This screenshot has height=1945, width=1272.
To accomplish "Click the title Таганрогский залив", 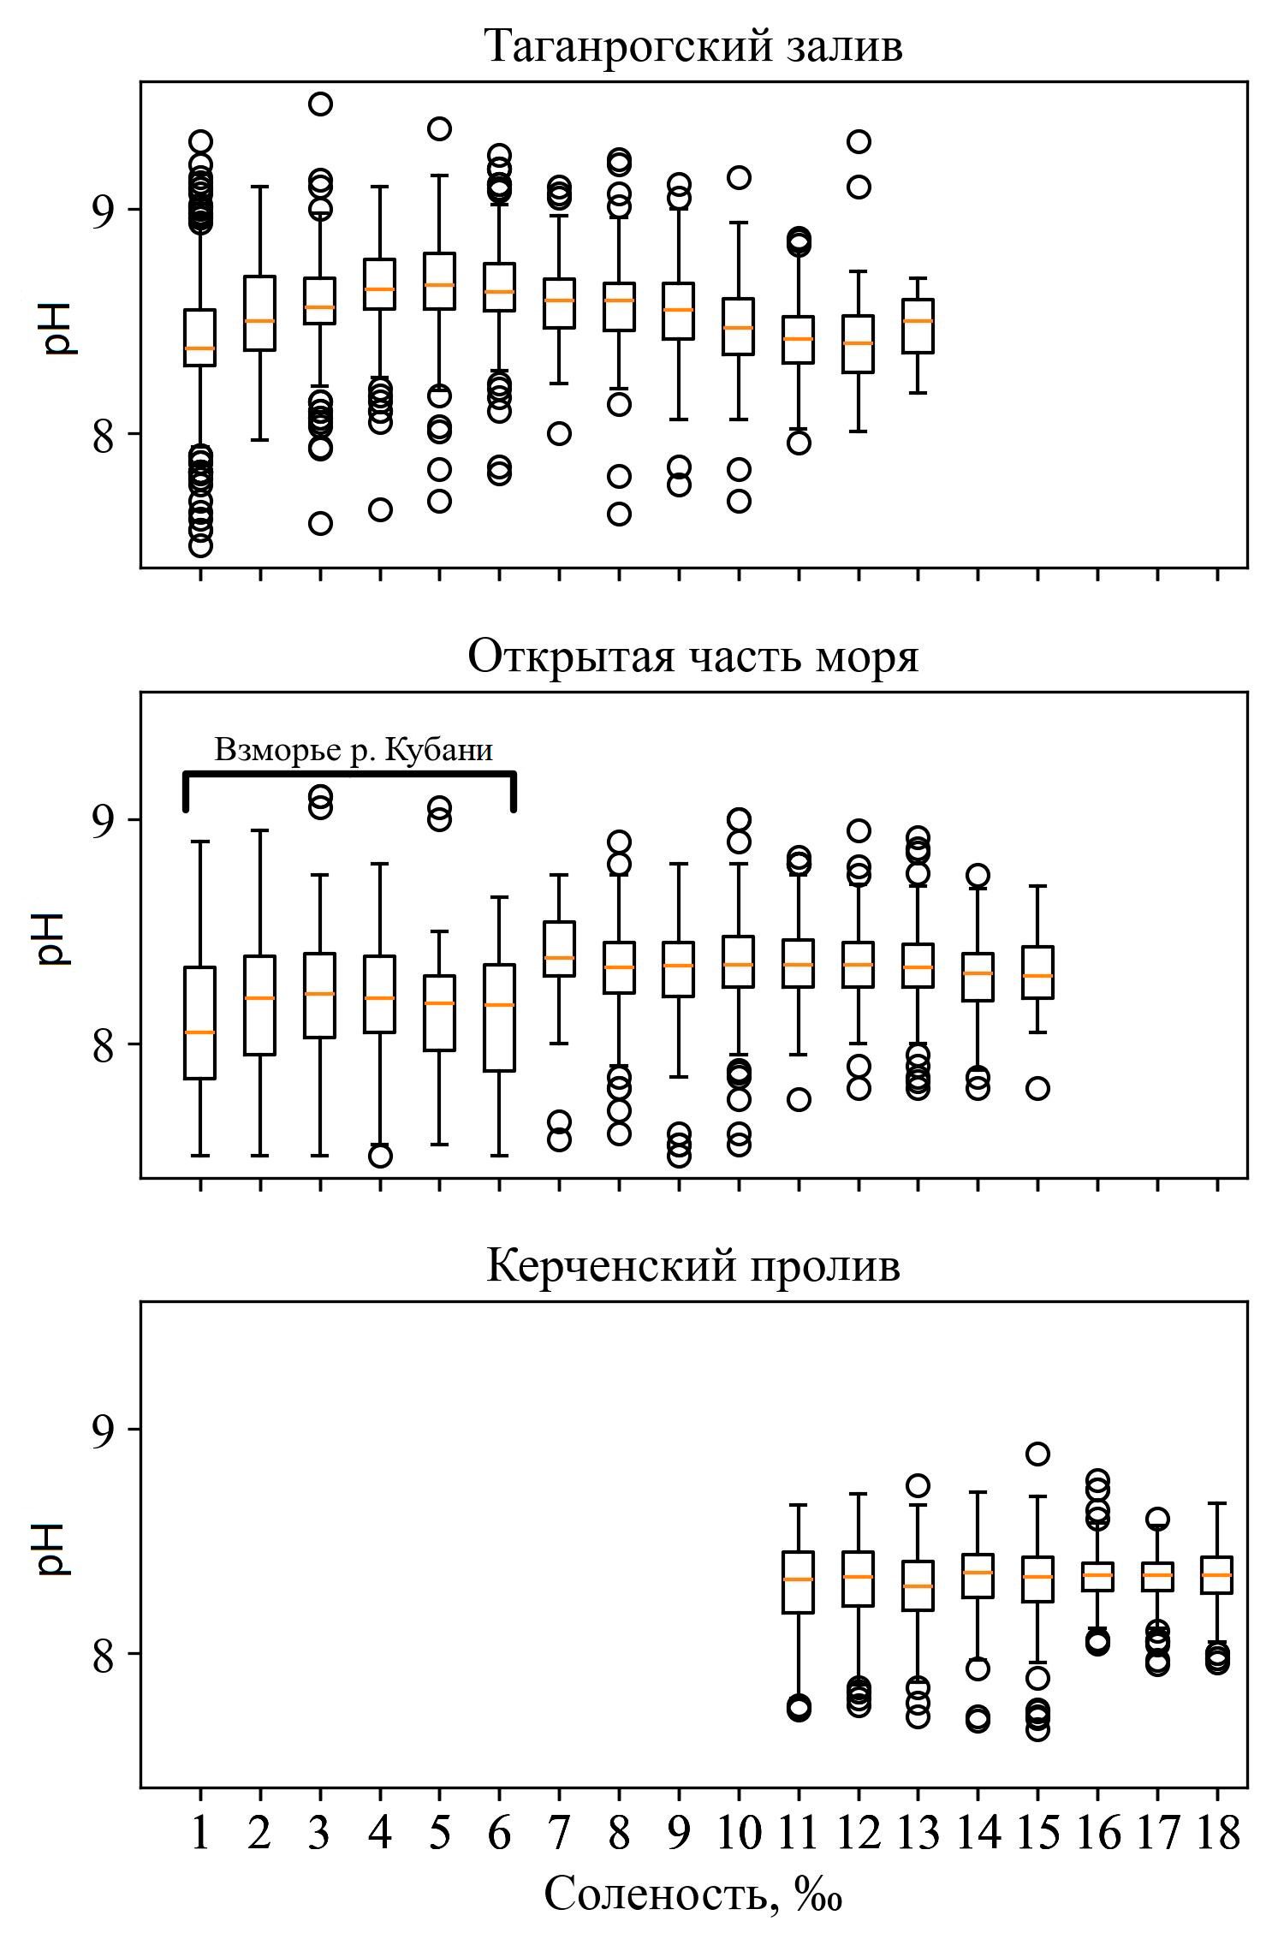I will tap(692, 46).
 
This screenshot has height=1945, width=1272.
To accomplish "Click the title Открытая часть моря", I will tap(692, 657).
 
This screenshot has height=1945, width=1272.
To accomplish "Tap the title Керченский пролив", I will tap(692, 1265).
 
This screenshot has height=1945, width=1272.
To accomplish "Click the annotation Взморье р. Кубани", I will tap(353, 750).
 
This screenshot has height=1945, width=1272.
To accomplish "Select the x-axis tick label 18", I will tap(1217, 1833).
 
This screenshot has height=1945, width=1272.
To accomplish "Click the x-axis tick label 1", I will tap(200, 1833).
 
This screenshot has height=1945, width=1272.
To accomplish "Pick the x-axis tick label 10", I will tap(739, 1833).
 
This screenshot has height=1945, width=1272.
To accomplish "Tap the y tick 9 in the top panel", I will tap(103, 210).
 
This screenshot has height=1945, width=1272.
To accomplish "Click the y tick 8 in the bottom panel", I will tap(103, 1654).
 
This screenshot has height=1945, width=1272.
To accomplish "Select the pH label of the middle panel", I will tap(53, 938).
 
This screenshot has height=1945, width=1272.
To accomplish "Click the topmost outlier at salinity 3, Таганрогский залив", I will tap(320, 104).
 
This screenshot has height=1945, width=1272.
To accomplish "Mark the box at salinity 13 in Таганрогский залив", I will tap(918, 325).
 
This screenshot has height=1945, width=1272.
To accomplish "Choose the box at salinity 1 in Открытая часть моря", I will tap(200, 1023).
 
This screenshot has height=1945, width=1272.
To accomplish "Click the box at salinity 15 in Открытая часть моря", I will tap(1037, 972).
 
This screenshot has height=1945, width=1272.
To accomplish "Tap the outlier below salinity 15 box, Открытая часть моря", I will tap(1037, 1089).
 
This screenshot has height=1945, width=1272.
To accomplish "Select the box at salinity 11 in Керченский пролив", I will tap(799, 1582).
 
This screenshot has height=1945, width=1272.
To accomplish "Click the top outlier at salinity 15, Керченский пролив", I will tap(1037, 1454).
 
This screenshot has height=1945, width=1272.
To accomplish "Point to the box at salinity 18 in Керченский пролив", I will tap(1217, 1575).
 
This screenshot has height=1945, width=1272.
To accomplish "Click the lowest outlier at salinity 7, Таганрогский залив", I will tap(559, 433).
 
